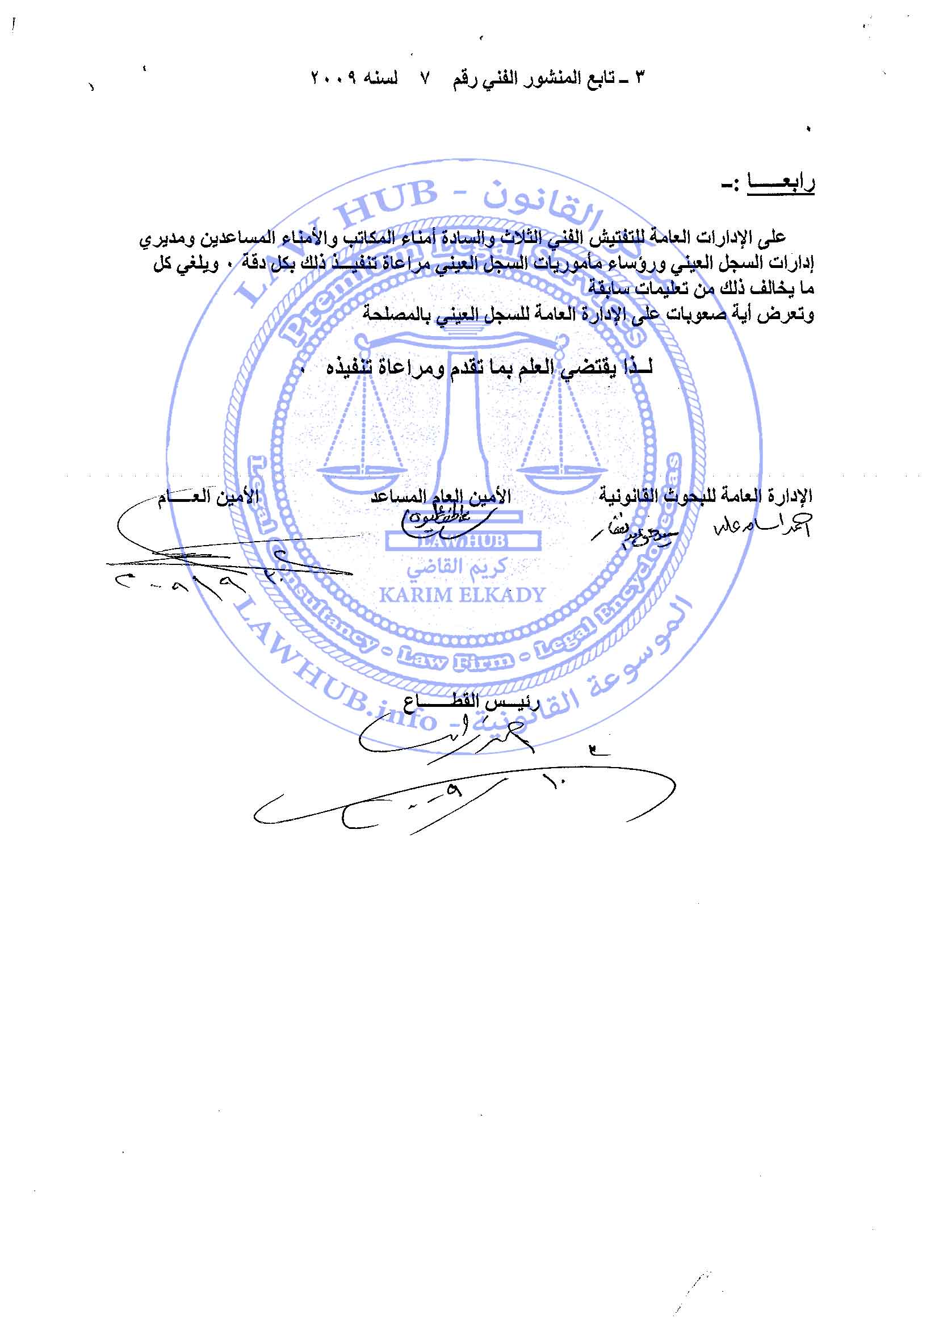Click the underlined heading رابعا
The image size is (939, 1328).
tap(781, 183)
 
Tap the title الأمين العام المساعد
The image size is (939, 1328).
tap(441, 496)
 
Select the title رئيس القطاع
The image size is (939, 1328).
tap(472, 702)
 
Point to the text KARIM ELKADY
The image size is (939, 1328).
tap(462, 594)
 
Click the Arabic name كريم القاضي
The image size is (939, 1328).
tap(456, 567)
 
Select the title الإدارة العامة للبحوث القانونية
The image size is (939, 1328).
tap(706, 496)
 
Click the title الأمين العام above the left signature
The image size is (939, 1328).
tap(209, 497)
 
